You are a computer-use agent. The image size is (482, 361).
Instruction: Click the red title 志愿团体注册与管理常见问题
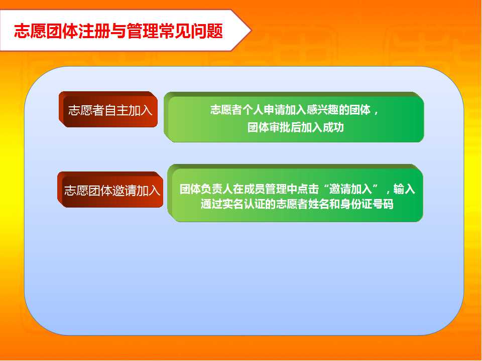click(x=118, y=31)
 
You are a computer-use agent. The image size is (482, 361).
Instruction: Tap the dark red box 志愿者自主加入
click(x=108, y=109)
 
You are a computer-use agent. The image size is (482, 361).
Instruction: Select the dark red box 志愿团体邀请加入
click(x=110, y=190)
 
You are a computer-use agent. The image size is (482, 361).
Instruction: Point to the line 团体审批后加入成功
click(x=295, y=127)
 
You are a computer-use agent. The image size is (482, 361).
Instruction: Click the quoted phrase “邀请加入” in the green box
click(x=350, y=189)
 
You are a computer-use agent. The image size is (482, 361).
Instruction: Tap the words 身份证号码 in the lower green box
click(x=367, y=204)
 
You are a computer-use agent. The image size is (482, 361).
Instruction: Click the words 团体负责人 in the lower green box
click(x=206, y=189)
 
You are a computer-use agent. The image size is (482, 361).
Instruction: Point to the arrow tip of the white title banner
click(x=251, y=31)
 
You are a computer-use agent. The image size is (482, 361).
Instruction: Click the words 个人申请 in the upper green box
click(x=264, y=110)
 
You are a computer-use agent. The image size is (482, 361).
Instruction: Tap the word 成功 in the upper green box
click(x=333, y=127)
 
